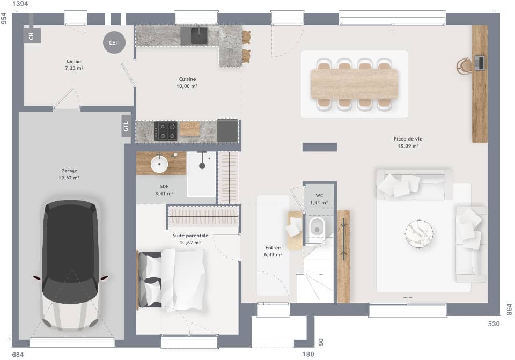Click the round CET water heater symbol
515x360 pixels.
click(114, 42)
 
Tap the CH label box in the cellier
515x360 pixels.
click(31, 36)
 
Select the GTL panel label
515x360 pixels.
click(126, 127)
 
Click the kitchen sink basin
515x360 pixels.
click(199, 35)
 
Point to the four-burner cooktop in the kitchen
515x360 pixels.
click(166, 131)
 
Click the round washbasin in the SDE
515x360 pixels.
click(159, 164)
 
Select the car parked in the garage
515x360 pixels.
click(70, 265)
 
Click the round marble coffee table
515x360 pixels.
click(419, 234)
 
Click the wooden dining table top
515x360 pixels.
click(354, 83)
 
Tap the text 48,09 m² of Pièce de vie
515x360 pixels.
click(408, 145)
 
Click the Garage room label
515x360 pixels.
click(70, 171)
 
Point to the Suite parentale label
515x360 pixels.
click(190, 236)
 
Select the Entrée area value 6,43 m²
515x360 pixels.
click(273, 255)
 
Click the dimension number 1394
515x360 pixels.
click(20, 4)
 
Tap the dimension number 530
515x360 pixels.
click(494, 324)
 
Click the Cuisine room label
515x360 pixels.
click(187, 79)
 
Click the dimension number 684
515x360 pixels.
click(18, 355)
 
